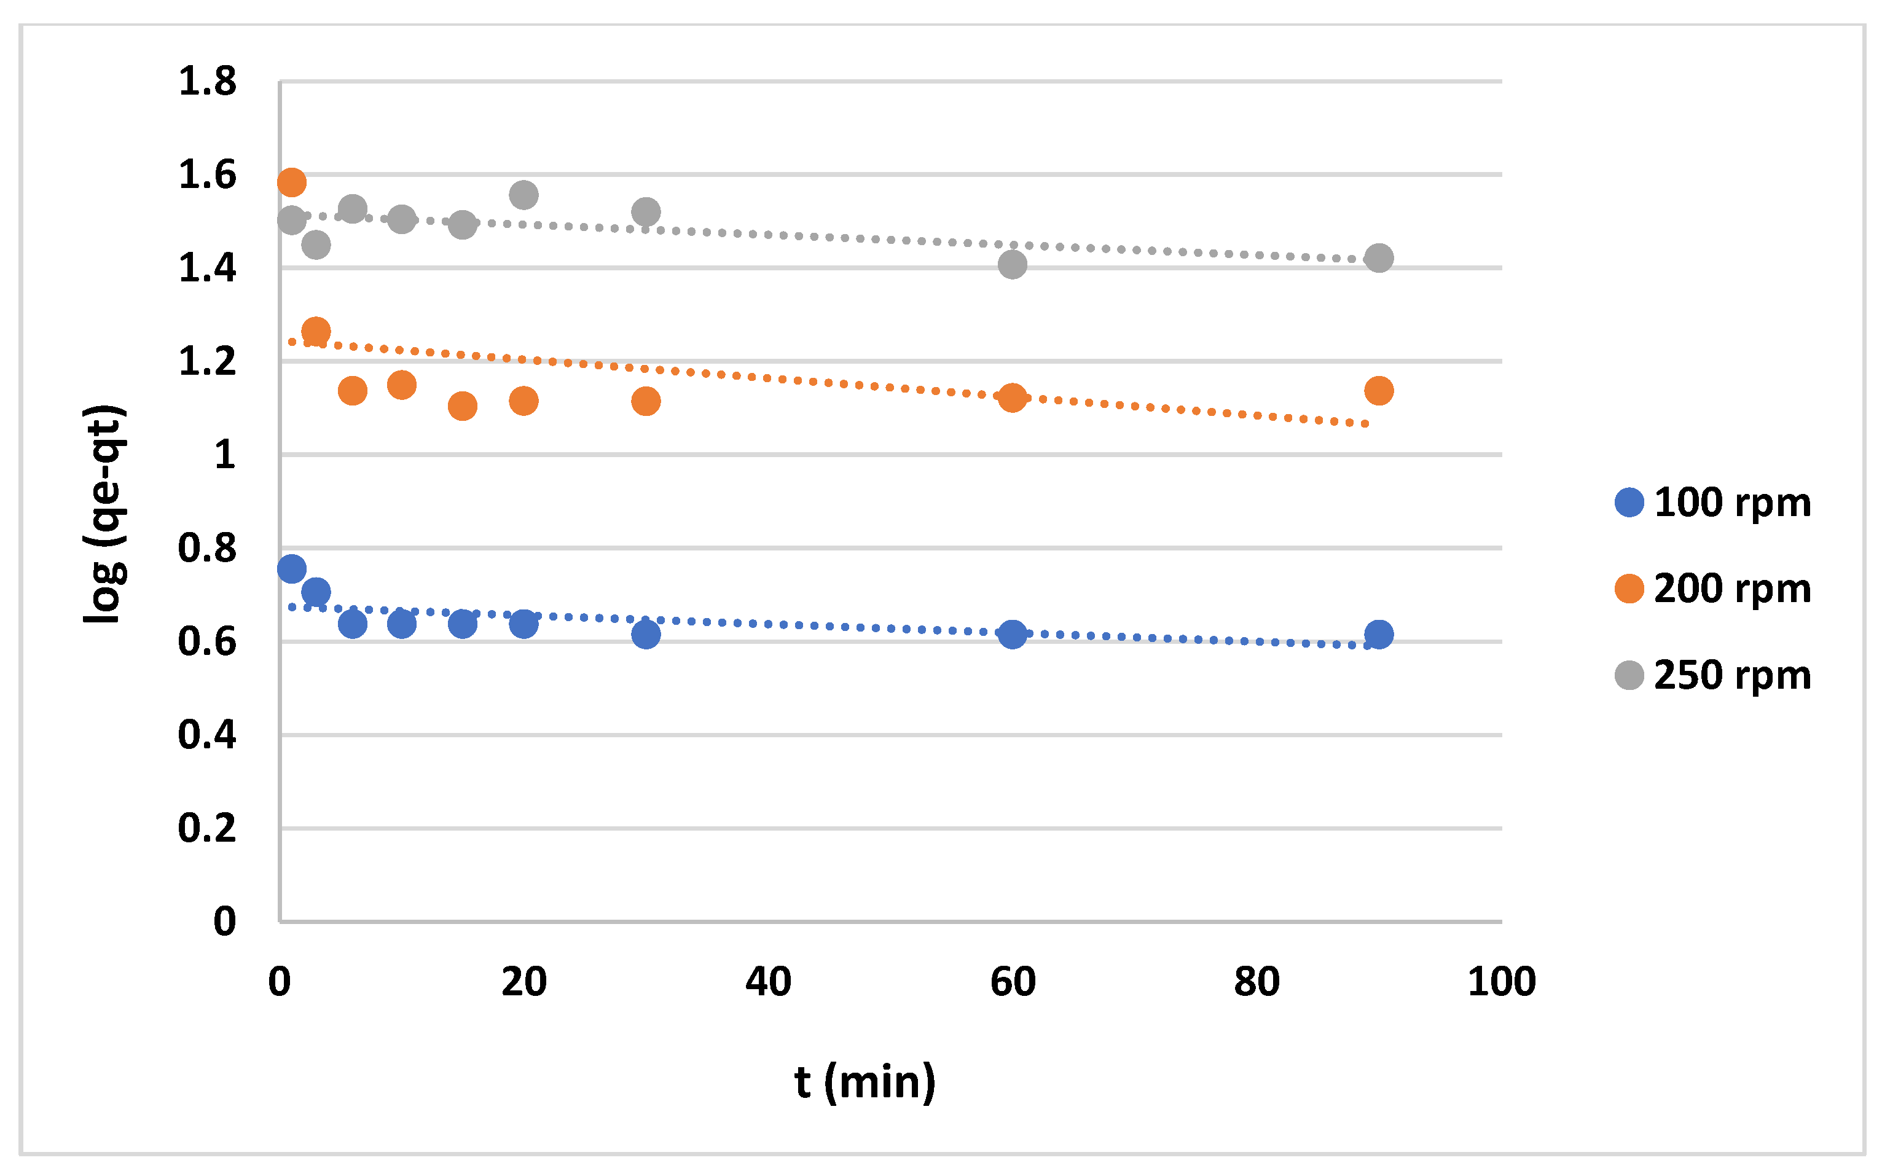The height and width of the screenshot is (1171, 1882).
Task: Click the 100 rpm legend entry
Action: pos(1712,503)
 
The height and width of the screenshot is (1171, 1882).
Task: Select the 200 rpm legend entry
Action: pos(1712,589)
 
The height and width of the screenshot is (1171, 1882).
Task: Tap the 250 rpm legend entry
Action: pos(1712,675)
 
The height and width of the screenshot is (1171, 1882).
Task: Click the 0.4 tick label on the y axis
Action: pos(207,734)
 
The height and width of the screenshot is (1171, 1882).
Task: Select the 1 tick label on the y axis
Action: pos(225,455)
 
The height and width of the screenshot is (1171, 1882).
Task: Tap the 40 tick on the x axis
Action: pos(767,982)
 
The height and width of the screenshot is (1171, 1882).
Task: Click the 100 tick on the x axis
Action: pos(1501,982)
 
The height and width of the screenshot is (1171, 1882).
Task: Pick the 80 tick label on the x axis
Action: pos(1257,982)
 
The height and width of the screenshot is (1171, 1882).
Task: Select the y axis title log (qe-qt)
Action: pos(104,514)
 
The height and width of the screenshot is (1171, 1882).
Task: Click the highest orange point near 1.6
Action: pos(291,182)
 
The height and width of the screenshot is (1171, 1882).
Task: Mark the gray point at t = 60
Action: pos(1012,265)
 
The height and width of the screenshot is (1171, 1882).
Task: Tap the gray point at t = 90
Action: pos(1379,258)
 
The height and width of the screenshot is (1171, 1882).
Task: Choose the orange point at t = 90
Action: pos(1379,390)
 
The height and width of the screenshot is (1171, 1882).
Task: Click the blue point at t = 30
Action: pos(646,634)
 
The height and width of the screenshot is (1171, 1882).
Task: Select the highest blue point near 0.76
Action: pos(291,568)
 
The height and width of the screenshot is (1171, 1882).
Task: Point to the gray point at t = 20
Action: pos(523,195)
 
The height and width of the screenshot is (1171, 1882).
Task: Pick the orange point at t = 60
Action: pos(1012,398)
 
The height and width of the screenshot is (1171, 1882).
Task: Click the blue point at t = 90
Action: pos(1379,634)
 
